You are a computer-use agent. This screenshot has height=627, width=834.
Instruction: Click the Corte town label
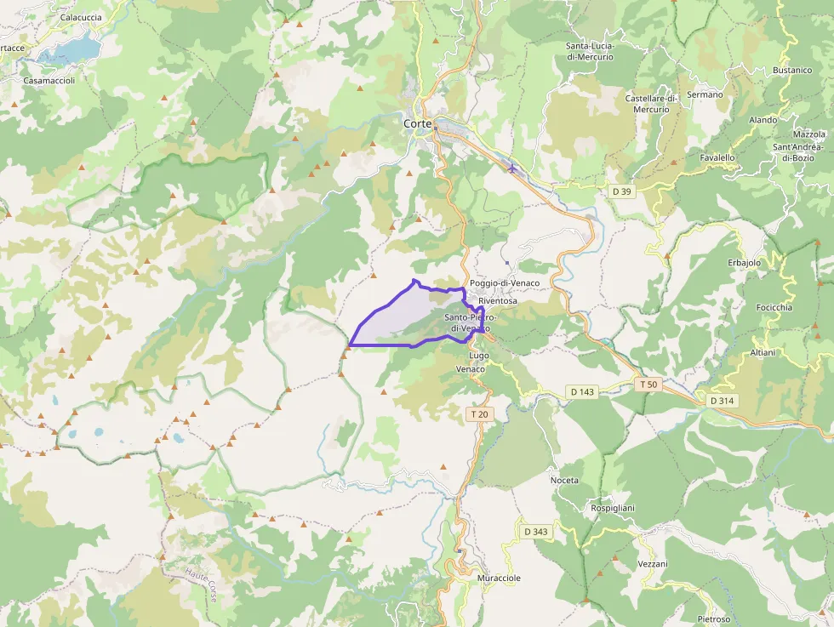tap(417, 123)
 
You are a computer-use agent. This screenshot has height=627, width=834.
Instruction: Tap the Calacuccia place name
tap(81, 17)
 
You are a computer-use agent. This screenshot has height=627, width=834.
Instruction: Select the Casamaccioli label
tap(49, 81)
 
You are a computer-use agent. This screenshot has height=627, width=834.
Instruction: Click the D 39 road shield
tap(622, 191)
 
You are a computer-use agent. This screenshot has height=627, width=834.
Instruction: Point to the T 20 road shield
tap(480, 414)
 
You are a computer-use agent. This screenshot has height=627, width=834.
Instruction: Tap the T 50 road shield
tap(648, 385)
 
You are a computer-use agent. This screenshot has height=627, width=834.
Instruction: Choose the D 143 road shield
tap(582, 391)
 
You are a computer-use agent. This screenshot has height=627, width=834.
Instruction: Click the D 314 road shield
tap(723, 400)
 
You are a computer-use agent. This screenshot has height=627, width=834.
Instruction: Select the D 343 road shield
tap(536, 532)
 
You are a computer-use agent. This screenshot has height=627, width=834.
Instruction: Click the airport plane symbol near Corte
tap(511, 167)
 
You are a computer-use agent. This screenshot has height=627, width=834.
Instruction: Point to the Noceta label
tap(564, 481)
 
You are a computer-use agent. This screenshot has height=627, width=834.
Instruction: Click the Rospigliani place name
tap(613, 508)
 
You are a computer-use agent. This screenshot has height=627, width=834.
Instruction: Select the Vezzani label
tap(653, 564)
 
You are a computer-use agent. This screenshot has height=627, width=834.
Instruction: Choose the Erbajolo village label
tap(745, 263)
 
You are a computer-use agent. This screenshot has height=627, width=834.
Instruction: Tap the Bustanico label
tap(792, 70)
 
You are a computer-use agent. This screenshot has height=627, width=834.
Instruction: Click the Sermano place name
tap(705, 94)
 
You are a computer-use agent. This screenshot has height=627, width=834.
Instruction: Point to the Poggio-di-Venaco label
tap(505, 283)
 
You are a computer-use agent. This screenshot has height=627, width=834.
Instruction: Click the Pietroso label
tap(714, 618)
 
